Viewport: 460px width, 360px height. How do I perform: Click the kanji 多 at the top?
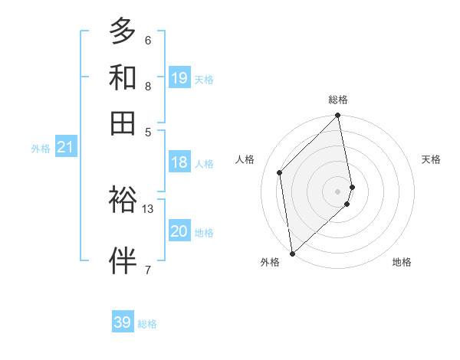[123, 31]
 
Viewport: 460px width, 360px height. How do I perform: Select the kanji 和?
[123, 77]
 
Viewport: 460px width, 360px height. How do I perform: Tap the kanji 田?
[123, 123]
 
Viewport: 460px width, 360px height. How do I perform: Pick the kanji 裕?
[123, 200]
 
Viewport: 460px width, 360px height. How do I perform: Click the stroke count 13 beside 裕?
[148, 208]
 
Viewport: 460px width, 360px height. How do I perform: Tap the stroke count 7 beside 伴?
[148, 269]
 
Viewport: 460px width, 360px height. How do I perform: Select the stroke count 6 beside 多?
[148, 40]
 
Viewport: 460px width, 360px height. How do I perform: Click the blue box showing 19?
[179, 77]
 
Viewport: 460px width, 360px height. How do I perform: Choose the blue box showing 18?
[179, 162]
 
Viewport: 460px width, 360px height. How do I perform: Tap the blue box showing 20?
[179, 231]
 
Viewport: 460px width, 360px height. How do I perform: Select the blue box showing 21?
[64, 147]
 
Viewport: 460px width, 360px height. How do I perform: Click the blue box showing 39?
[123, 322]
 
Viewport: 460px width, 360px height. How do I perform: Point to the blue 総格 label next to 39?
[148, 324]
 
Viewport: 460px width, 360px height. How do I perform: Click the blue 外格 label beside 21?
[41, 149]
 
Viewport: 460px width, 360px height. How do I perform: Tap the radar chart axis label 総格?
[338, 100]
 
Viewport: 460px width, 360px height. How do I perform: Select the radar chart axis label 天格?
[432, 159]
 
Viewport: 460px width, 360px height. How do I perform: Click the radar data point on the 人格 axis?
[280, 172]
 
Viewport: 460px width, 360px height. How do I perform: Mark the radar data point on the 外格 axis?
[292, 253]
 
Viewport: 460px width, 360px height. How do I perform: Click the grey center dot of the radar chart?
[338, 191]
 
